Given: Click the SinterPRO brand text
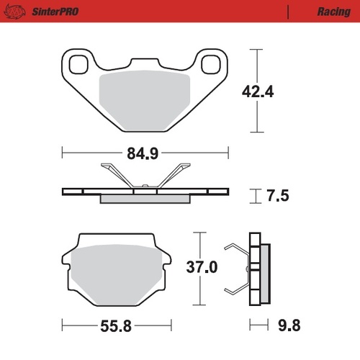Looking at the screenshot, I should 53,12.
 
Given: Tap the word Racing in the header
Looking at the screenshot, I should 333,12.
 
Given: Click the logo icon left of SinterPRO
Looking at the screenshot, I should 17,12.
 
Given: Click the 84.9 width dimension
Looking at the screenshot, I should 146,153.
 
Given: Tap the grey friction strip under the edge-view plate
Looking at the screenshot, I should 145,199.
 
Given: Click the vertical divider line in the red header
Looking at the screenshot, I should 287,12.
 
